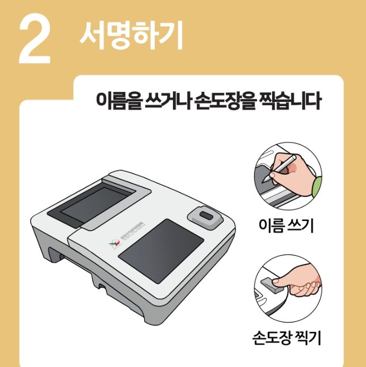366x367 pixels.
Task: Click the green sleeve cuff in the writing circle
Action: [317, 185]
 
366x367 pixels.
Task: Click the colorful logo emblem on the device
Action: [112, 243]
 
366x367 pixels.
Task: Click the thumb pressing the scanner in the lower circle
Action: [284, 278]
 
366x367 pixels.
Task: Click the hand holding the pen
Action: [297, 173]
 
